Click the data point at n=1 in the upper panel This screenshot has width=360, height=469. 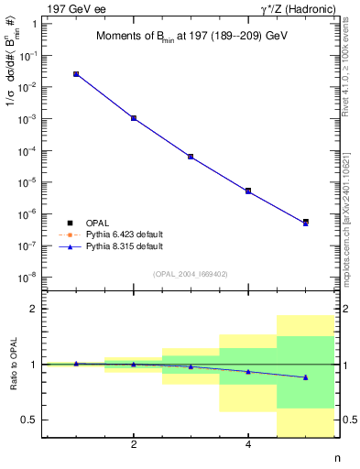76,74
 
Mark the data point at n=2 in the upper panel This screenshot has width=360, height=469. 134,118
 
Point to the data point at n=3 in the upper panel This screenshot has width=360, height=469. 191,157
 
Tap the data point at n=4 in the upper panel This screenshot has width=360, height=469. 248,191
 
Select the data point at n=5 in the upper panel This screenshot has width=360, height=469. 305,223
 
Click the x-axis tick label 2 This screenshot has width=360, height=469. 134,445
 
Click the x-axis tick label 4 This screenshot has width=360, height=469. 248,445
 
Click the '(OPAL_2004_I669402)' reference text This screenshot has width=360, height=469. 191,273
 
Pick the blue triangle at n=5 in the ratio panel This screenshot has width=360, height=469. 305,377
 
